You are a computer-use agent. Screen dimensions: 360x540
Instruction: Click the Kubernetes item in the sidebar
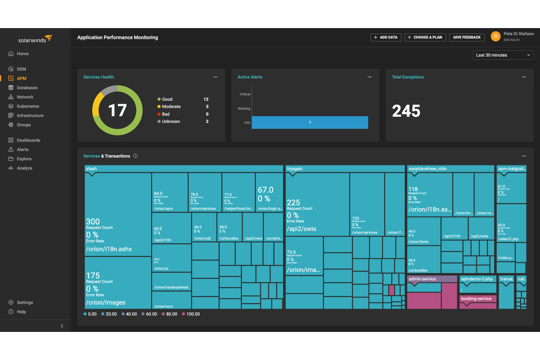27,106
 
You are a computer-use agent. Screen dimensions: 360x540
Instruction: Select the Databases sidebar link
27,88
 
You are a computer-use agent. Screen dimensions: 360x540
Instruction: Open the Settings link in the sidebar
24,302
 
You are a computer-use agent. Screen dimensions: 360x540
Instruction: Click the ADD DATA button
386,37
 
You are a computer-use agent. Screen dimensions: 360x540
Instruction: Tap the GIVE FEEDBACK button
466,37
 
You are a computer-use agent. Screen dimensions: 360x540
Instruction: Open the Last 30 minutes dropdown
503,55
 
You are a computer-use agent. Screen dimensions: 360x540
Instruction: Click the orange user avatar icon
495,36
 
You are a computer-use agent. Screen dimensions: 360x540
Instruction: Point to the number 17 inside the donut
117,110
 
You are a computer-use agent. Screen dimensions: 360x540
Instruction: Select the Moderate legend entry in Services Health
171,107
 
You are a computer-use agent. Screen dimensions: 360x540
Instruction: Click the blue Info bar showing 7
310,123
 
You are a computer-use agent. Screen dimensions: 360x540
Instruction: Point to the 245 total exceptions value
406,111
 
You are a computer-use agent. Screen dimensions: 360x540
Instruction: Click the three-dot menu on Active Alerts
370,77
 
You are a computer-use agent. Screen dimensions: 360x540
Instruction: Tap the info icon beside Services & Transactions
135,156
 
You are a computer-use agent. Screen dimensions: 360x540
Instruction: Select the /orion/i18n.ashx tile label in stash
109,249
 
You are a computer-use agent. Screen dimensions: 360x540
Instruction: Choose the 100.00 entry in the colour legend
193,314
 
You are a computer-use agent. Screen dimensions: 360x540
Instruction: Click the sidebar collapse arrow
62,326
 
